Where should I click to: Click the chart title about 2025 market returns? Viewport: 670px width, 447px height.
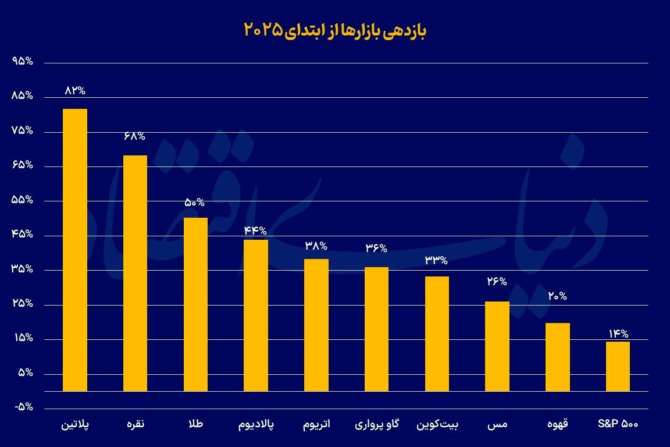[x=334, y=30]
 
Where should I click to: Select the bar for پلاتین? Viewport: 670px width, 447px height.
[x=75, y=250]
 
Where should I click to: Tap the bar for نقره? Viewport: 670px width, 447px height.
[x=135, y=274]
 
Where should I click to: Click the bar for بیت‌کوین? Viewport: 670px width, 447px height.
[x=437, y=334]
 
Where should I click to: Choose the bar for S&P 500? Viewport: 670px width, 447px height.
[x=618, y=367]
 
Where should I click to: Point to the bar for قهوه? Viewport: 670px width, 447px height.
[x=558, y=357]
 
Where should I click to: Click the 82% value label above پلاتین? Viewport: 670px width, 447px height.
[x=75, y=90]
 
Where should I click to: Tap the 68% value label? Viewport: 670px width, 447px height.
[x=134, y=136]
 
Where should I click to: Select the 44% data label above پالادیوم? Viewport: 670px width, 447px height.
[x=255, y=230]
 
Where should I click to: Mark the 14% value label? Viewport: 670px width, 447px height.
[x=618, y=334]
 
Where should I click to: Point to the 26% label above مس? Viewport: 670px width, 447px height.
[x=497, y=282]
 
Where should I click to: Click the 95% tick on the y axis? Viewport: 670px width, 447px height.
[x=21, y=62]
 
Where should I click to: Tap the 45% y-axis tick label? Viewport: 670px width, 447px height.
[x=21, y=235]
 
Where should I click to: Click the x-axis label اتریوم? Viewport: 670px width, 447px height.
[x=316, y=425]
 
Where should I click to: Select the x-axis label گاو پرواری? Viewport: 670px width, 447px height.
[x=376, y=425]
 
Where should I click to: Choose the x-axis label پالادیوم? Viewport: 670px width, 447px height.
[x=256, y=425]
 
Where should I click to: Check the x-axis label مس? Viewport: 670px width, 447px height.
[x=497, y=425]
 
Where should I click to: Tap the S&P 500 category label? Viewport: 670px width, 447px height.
[x=618, y=424]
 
